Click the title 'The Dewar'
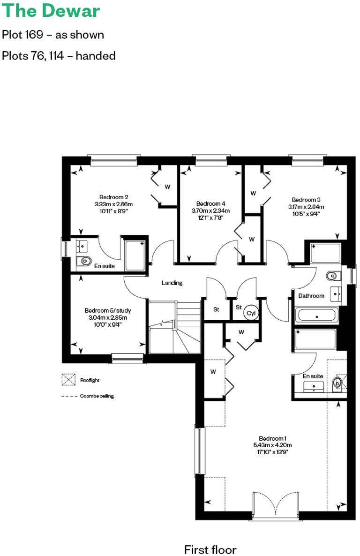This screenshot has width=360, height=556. [51, 10]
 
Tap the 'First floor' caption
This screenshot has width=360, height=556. [210, 549]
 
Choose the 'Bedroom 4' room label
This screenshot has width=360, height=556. [211, 203]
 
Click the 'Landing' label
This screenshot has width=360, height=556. [172, 283]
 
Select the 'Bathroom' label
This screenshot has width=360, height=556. [311, 296]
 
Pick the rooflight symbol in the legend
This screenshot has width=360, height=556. [68, 380]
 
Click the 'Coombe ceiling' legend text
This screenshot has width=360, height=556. [97, 396]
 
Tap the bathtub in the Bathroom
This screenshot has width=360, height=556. [316, 315]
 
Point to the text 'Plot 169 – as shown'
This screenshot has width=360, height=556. [53, 35]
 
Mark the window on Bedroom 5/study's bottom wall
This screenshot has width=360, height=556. [127, 359]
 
